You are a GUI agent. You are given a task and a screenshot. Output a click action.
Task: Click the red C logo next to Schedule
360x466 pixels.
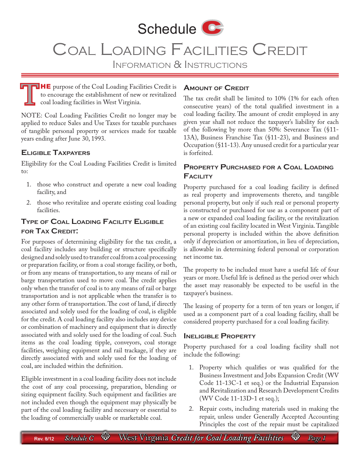(212, 28)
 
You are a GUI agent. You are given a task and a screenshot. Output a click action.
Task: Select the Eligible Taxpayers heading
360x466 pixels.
(56, 153)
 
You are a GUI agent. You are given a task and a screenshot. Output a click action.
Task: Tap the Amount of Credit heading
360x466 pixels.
(216, 88)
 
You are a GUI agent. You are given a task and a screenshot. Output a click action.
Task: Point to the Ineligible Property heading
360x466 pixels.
(219, 336)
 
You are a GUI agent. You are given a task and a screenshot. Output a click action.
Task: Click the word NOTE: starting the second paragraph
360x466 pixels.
(30, 115)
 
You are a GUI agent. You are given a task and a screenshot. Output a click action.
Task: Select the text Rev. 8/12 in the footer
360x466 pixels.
(44, 439)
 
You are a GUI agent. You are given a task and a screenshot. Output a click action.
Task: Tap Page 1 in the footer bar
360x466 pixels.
(316, 438)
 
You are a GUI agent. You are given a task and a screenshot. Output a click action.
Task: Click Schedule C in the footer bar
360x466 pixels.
(79, 438)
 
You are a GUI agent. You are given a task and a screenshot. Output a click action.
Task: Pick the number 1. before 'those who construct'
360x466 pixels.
(29, 185)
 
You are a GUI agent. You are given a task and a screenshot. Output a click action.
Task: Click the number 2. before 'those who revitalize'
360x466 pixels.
(29, 203)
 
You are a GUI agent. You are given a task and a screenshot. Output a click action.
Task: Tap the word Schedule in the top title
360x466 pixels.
(167, 29)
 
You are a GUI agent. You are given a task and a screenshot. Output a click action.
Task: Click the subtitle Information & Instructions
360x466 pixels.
(180, 65)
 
